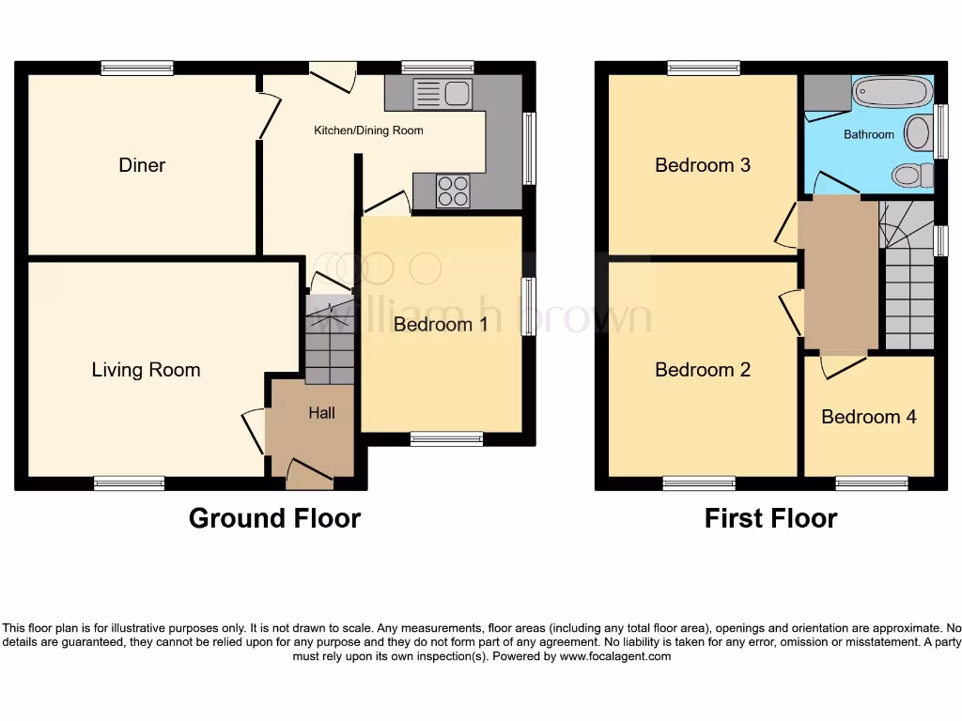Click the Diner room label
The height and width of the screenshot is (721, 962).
[142, 165]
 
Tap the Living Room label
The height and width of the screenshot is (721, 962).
[146, 370]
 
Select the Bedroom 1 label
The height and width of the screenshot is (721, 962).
[441, 325]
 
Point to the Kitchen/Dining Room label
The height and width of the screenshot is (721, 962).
[368, 130]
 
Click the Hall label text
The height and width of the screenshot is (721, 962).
[321, 413]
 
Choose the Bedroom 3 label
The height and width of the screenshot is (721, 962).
[703, 165]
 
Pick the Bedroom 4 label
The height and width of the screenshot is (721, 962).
[869, 417]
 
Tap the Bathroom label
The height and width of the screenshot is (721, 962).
[869, 134]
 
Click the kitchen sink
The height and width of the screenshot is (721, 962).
[442, 94]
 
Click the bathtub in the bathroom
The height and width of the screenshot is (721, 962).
[892, 93]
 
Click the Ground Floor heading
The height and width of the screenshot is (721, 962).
[274, 518]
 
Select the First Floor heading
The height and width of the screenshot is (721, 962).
[770, 518]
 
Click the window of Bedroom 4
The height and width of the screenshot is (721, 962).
[872, 483]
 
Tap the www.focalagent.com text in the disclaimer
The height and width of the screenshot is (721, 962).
[615, 657]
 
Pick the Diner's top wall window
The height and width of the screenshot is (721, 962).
[137, 68]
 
